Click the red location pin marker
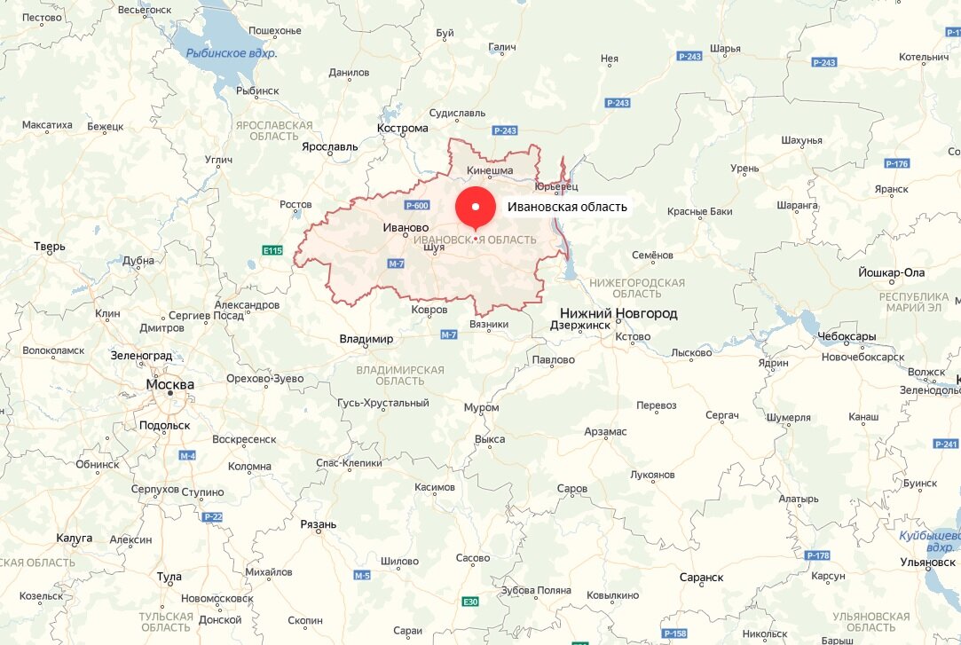[x=476, y=208]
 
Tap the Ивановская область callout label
[x=567, y=208]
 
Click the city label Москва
[x=170, y=385]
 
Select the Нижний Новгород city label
[x=618, y=313]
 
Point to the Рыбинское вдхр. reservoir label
[x=231, y=53]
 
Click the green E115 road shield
[x=272, y=250]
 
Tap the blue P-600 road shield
[x=416, y=206]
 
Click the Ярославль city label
[x=330, y=146]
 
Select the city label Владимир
[x=366, y=339]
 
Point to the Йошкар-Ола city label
[x=892, y=272]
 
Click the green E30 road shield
[x=470, y=602]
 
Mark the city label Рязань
[x=319, y=524]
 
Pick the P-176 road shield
[x=897, y=164]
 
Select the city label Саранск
[x=701, y=577]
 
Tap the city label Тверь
[x=50, y=246]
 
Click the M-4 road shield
[x=186, y=456]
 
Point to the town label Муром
[x=481, y=407]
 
